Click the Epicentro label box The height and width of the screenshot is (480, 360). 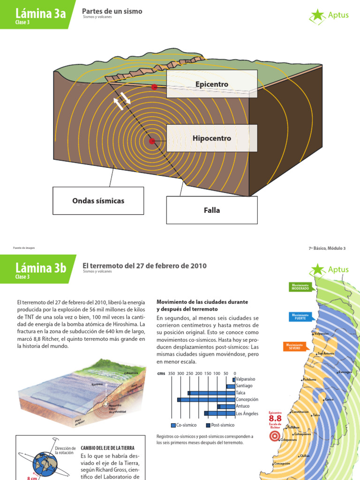pyautogui.click(x=212, y=84)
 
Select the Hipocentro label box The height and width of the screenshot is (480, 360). pyautogui.click(x=212, y=138)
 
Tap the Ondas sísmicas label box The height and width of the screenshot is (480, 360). pyautogui.click(x=98, y=201)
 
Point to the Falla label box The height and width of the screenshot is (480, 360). pyautogui.click(x=212, y=210)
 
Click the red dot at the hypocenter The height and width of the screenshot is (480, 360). pyautogui.click(x=152, y=141)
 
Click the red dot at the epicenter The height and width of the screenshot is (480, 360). pyautogui.click(x=154, y=87)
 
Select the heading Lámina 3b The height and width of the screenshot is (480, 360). pyautogui.click(x=41, y=269)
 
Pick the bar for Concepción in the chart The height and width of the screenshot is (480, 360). pyautogui.click(x=206, y=399)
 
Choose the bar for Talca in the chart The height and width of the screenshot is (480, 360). pyautogui.click(x=211, y=393)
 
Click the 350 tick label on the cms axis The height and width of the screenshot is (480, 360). pyautogui.click(x=172, y=374)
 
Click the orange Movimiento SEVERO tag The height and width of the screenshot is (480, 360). pyautogui.click(x=294, y=346)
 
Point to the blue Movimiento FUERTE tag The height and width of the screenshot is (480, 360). pyautogui.click(x=300, y=316)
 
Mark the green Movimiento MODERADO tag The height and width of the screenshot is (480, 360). pyautogui.click(x=300, y=287)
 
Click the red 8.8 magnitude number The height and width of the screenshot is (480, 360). pyautogui.click(x=275, y=418)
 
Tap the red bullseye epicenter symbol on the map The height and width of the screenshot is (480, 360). pyautogui.click(x=275, y=436)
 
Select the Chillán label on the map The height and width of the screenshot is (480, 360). pyautogui.click(x=305, y=456)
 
